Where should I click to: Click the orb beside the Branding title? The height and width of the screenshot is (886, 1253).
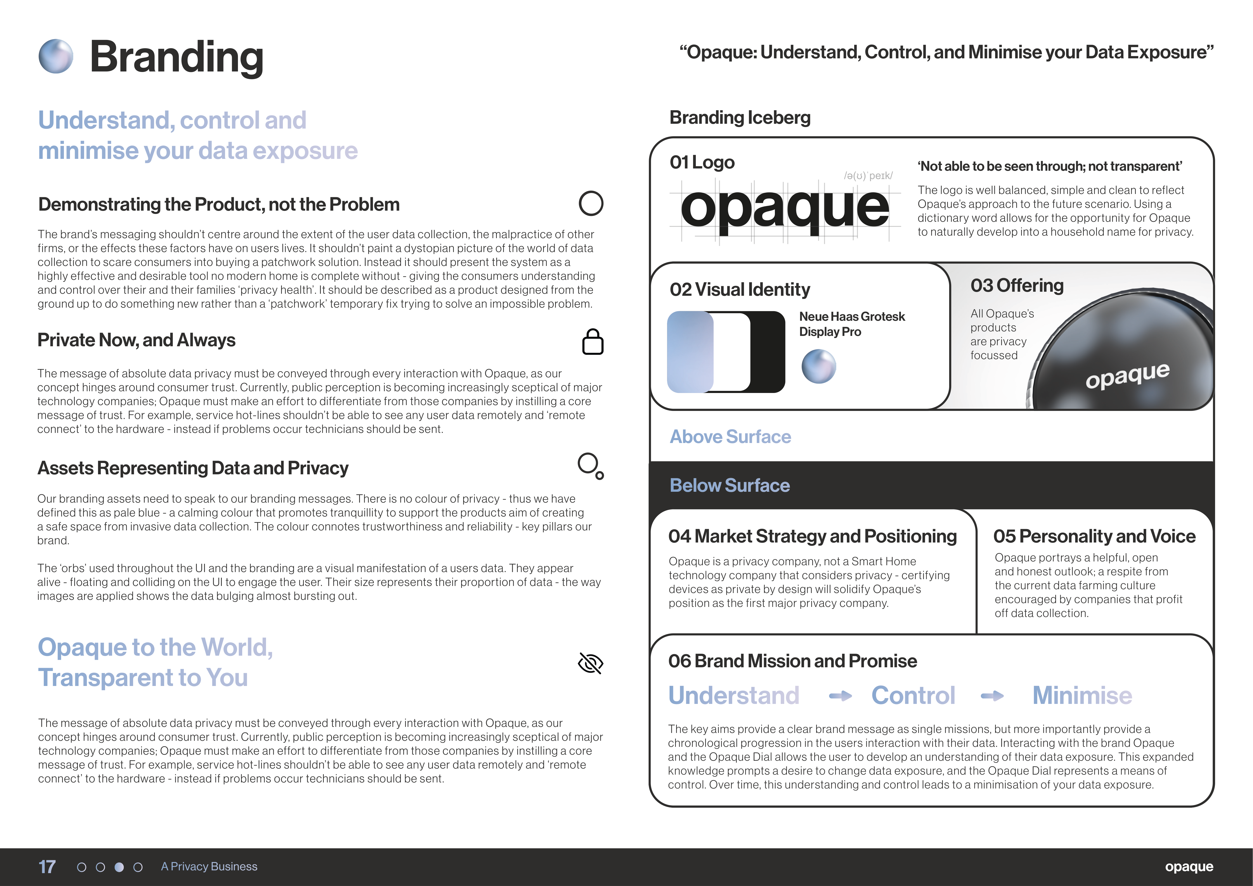pyautogui.click(x=56, y=56)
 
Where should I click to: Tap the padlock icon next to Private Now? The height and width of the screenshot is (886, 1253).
pyautogui.click(x=593, y=342)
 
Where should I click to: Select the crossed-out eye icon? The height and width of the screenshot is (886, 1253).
pyautogui.click(x=591, y=663)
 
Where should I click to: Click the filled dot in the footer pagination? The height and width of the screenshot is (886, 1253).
pyautogui.click(x=119, y=867)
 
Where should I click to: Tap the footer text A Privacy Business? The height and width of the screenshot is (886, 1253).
pyautogui.click(x=209, y=866)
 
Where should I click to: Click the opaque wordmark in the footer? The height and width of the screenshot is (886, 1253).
pyautogui.click(x=1189, y=866)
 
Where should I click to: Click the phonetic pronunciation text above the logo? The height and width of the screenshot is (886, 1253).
pyautogui.click(x=868, y=176)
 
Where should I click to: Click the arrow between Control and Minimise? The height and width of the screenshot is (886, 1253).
pyautogui.click(x=992, y=696)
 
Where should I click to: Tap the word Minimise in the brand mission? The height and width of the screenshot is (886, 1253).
pyautogui.click(x=1082, y=696)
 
